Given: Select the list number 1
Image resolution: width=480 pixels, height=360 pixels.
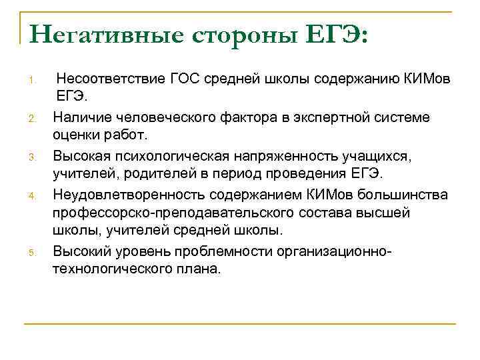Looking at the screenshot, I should coord(31,82).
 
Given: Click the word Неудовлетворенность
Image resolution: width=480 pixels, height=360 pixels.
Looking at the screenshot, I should coord(129,193).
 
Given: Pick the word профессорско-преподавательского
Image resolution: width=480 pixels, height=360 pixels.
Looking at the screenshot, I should coord(167,212).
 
